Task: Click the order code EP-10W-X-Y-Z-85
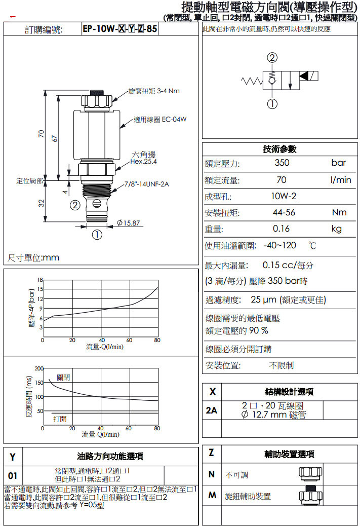(120, 29)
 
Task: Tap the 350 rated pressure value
(282, 163)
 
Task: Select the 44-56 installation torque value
(284, 212)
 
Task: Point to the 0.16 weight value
(281, 229)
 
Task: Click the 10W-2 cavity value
(284, 196)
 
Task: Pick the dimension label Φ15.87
(129, 223)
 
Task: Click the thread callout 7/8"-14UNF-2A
(146, 184)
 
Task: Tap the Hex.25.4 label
(143, 161)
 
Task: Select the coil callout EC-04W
(174, 120)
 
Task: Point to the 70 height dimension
(41, 134)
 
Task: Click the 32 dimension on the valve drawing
(41, 203)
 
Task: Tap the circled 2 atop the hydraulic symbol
(272, 58)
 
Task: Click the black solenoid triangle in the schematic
(304, 76)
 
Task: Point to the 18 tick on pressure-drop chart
(40, 280)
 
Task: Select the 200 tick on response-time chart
(39, 368)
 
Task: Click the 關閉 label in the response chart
(63, 378)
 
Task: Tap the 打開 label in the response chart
(60, 419)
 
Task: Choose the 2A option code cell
(212, 410)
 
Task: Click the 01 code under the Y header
(12, 476)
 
